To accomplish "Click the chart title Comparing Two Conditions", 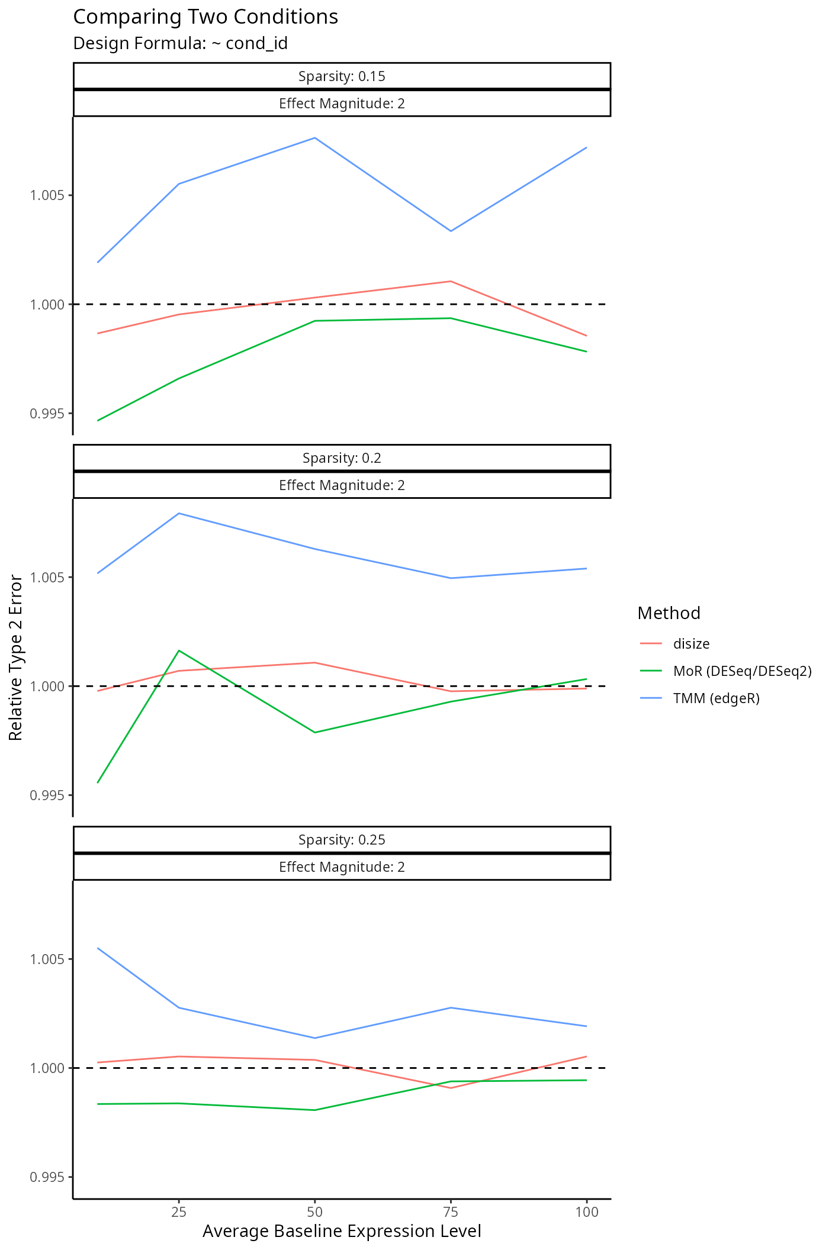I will tap(205, 17).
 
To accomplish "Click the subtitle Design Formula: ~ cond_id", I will tap(180, 43).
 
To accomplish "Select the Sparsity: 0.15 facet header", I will tap(342, 76).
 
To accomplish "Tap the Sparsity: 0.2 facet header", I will tap(342, 458).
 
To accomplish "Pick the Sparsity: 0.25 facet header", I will tap(342, 839).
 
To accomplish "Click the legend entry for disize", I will tap(691, 643).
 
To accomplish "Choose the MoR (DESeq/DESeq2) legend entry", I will tap(742, 671).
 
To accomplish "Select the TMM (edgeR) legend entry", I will tap(716, 698).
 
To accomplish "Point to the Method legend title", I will tap(669, 613).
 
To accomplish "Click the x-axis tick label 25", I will tap(179, 1212).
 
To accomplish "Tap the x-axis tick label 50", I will tap(314, 1212).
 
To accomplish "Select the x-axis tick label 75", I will tap(451, 1212).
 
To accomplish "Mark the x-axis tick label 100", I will tap(586, 1212).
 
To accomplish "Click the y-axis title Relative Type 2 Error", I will tap(16, 657).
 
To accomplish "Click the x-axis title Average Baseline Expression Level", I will tap(342, 1231).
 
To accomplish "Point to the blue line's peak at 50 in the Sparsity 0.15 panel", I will tap(314, 138).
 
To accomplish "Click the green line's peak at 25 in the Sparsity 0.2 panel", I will tap(179, 650).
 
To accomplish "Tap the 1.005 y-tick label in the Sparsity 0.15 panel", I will tap(47, 195).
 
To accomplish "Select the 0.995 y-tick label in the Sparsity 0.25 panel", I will tap(47, 1177).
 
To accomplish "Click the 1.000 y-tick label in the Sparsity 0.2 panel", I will tap(47, 686).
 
